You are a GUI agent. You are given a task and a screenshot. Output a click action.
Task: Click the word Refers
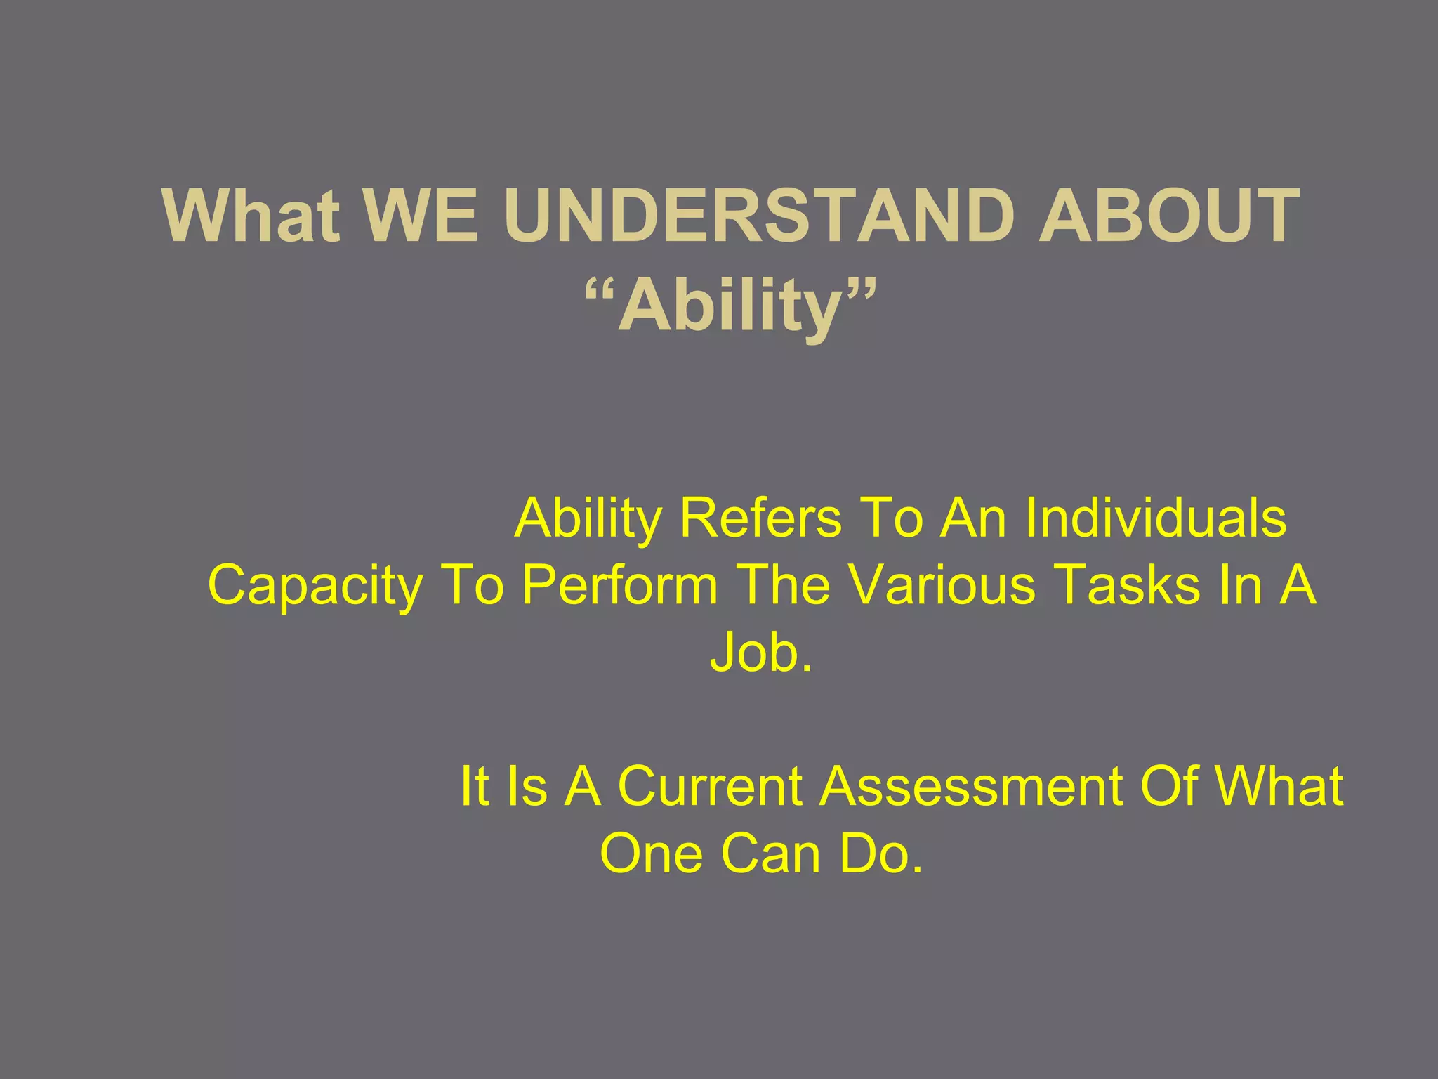pyautogui.click(x=760, y=518)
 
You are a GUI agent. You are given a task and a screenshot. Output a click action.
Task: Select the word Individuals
pyautogui.click(x=1155, y=518)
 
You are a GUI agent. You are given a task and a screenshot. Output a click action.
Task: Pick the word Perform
pyautogui.click(x=620, y=586)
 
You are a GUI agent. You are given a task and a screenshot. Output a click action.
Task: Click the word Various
pyautogui.click(x=942, y=586)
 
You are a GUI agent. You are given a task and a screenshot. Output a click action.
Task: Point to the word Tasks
pyautogui.click(x=1127, y=586)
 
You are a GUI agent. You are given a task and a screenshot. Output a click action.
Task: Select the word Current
pyautogui.click(x=710, y=786)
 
